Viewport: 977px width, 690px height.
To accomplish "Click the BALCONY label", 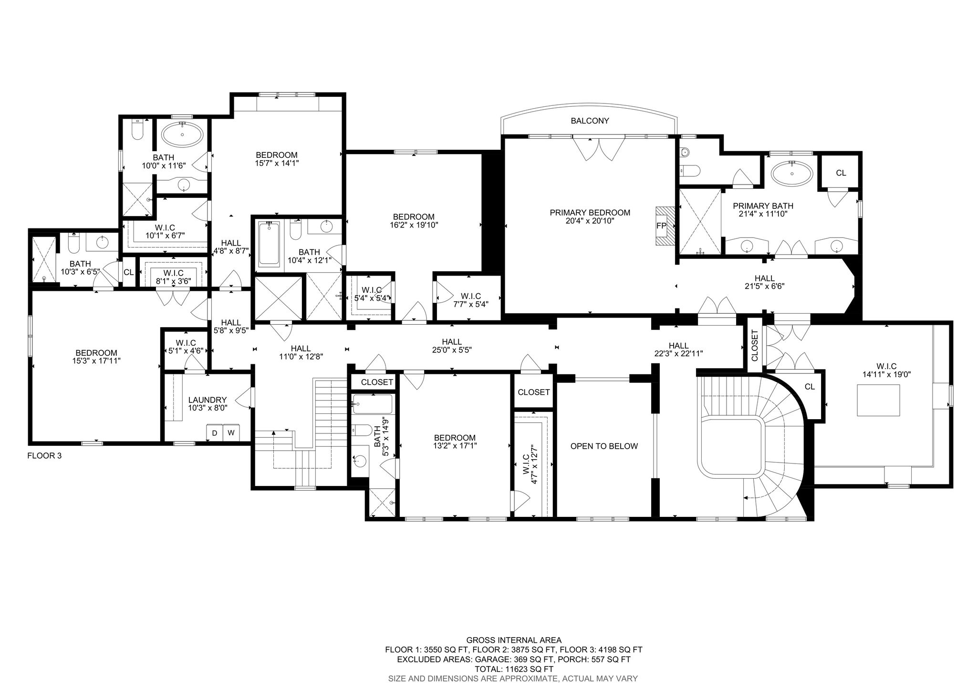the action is pos(590,121).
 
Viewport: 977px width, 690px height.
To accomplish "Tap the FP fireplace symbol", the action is pos(661,226).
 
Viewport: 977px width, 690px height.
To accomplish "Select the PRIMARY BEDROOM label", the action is pos(590,213).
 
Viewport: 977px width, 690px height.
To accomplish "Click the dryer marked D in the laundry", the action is pos(214,433).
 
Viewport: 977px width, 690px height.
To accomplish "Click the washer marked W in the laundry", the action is pos(231,433).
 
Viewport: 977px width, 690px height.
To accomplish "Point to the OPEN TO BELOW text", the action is pos(604,446).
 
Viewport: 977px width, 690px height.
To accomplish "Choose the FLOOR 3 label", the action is pos(44,455).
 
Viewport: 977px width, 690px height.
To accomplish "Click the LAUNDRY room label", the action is pos(207,400).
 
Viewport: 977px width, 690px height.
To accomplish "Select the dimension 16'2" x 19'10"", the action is pos(414,225).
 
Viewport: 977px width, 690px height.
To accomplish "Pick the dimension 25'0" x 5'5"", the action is pos(451,350).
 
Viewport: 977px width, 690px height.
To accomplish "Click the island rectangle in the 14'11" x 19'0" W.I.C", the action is pos(878,401).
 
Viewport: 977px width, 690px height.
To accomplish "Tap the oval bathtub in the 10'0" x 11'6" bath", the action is pos(182,135).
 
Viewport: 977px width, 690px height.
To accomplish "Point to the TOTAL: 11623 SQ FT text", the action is pos(514,669).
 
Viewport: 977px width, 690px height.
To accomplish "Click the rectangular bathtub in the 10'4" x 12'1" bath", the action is pos(270,245).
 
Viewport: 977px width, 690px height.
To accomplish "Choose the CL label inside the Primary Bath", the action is pos(841,173).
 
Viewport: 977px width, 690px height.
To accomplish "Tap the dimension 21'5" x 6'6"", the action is pos(764,286).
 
